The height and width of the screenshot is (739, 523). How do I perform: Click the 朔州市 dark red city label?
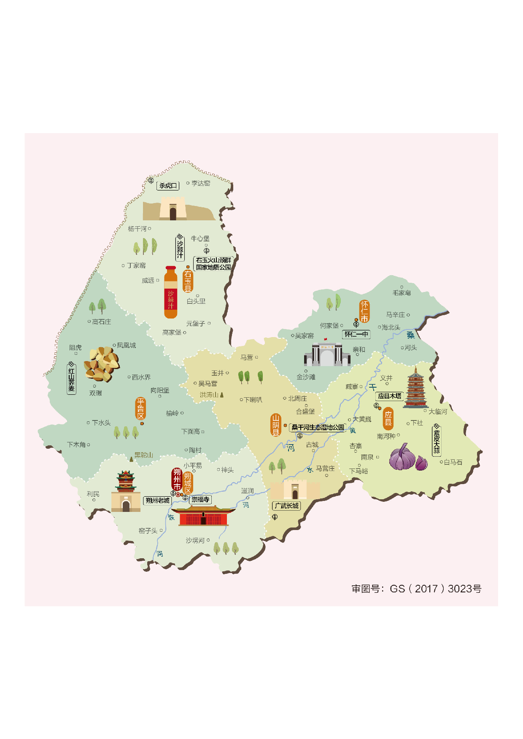click(x=177, y=479)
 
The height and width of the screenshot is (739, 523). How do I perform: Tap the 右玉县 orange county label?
click(x=188, y=281)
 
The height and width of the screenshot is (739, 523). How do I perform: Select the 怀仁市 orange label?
click(x=364, y=311)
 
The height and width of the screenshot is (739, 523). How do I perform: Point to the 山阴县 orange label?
click(x=275, y=425)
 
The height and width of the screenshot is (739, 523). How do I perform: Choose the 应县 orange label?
click(x=388, y=418)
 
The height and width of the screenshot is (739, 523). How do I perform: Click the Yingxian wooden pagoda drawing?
click(x=415, y=388)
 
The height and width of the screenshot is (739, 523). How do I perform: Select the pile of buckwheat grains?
click(x=101, y=364)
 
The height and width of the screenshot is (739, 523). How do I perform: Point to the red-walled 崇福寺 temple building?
click(x=203, y=516)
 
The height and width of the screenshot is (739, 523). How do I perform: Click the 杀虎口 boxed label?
click(x=168, y=185)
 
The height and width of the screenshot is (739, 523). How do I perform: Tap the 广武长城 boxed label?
click(x=286, y=506)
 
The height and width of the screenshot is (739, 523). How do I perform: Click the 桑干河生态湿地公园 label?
click(x=318, y=427)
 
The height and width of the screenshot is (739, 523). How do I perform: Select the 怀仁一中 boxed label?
click(x=356, y=334)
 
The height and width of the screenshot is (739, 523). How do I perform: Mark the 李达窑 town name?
click(x=201, y=183)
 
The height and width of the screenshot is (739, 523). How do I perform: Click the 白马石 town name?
click(x=453, y=462)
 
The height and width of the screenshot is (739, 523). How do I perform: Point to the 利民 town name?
click(x=93, y=494)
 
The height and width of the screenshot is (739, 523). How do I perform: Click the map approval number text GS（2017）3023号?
click(x=416, y=589)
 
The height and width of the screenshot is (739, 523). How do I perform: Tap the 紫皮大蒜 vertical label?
click(x=437, y=441)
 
